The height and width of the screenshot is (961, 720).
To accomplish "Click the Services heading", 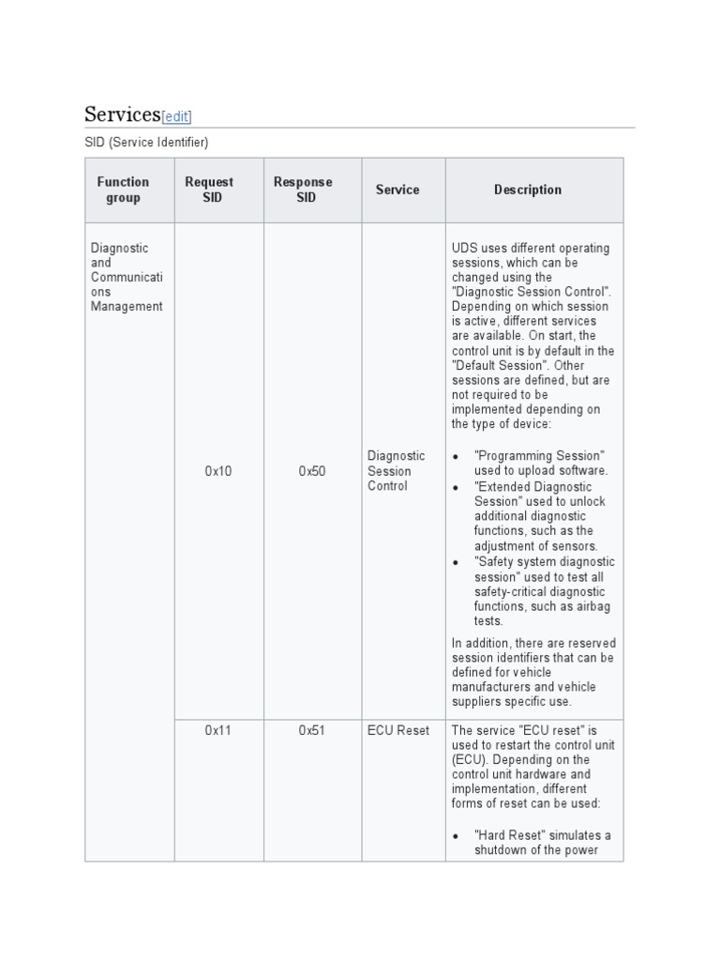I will point(122,114).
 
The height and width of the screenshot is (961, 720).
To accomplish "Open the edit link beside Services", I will point(176,116).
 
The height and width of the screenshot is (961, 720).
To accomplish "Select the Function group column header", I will point(123,190).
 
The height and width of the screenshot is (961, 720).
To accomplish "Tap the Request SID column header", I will point(209,190).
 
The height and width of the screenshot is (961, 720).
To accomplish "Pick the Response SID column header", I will point(303,190).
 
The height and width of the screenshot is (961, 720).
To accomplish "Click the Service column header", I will point(397,190).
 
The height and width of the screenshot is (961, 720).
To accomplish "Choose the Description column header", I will point(528,190).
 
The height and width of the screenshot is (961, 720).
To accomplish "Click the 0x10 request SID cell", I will point(218,471).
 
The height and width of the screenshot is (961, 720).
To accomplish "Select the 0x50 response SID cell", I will point(312,471).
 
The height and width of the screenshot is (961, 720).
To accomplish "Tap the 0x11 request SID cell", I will point(218,730).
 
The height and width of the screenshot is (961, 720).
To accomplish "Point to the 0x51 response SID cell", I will point(312,730).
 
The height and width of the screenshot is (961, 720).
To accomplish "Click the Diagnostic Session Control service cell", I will point(396,471).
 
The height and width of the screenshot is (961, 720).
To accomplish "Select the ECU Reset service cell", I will point(397,730).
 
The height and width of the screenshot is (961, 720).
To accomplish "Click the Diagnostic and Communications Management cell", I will point(127,277).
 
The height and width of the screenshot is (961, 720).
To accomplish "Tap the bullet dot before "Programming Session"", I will point(456,456).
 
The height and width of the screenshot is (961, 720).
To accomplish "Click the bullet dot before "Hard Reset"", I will point(456,836).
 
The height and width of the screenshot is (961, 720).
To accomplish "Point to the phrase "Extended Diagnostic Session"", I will point(534,494).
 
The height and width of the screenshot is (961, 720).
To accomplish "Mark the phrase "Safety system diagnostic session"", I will point(544,569).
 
